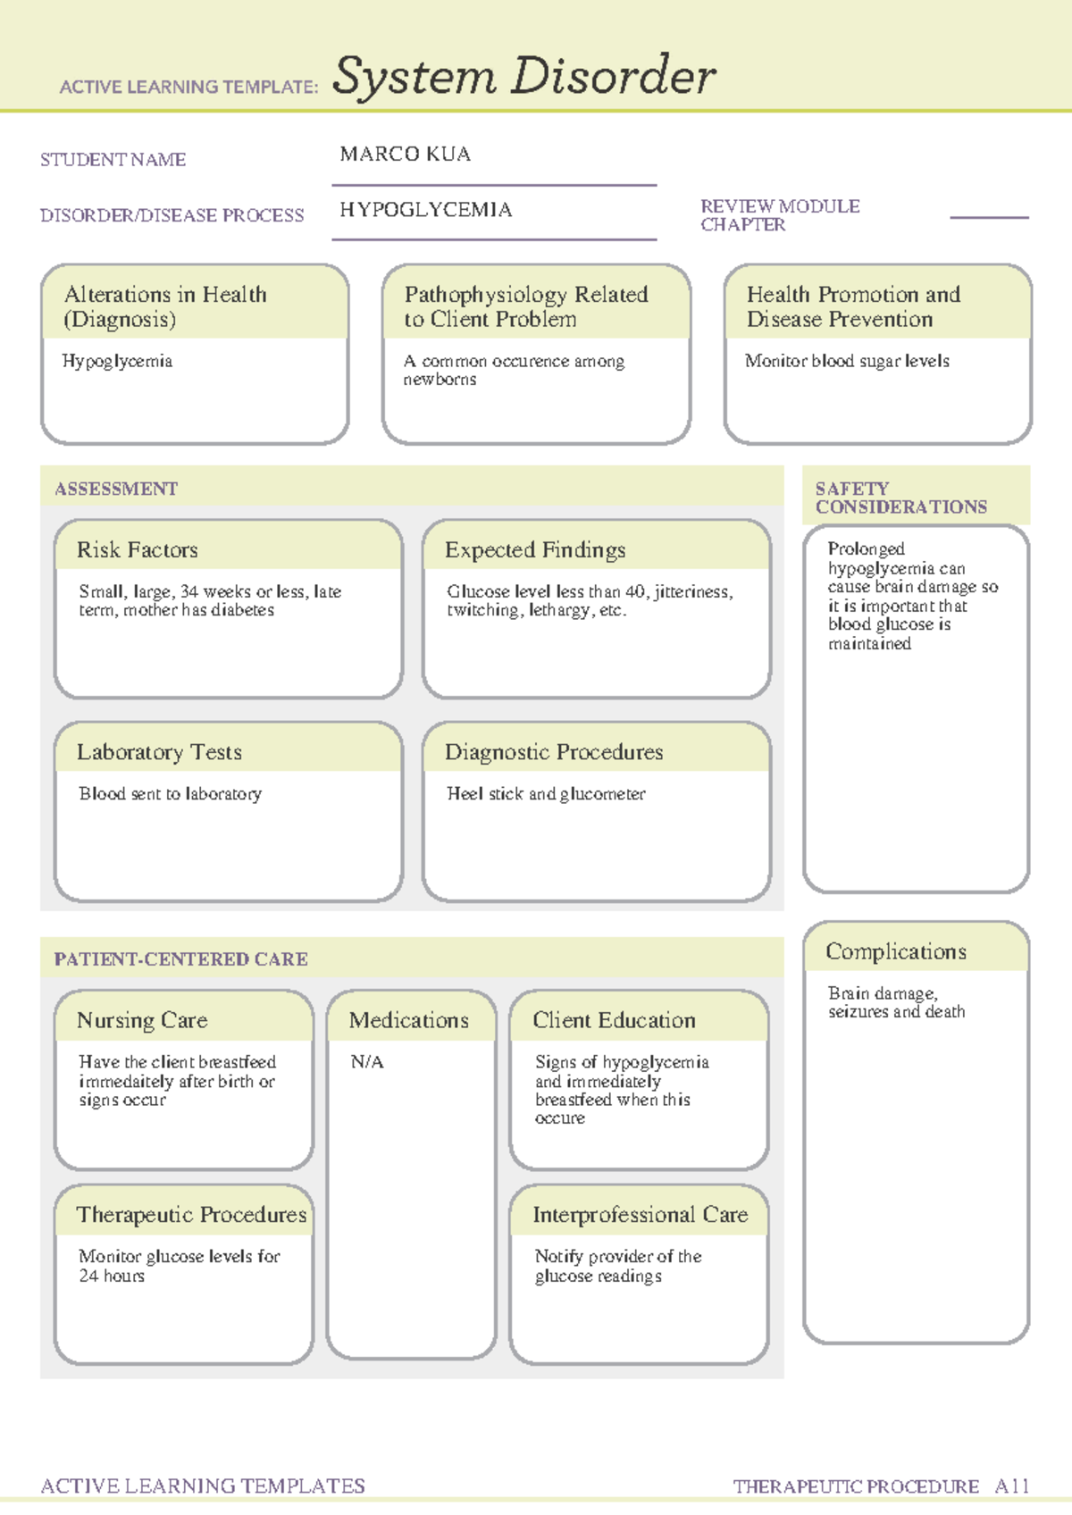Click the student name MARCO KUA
pos(405,155)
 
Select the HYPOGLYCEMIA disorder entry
pos(425,210)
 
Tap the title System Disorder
pos(523,76)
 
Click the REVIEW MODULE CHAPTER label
pos(779,215)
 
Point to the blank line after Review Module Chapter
pos(989,216)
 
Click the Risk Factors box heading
pos(138,549)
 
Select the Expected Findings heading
pos(535,549)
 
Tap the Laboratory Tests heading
pos(159,752)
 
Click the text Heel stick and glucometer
pos(546,793)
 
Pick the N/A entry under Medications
pos(367,1061)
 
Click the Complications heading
pos(895,951)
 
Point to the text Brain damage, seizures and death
pos(895,1002)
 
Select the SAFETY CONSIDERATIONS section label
pos(900,498)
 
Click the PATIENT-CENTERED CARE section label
pos(180,959)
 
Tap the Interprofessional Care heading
pos(640,1215)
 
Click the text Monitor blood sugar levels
pos(847,361)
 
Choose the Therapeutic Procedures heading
pos(191,1215)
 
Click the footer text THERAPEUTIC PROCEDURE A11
pos(881,1486)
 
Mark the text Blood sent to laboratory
pos(170,793)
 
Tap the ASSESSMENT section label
pos(116,489)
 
